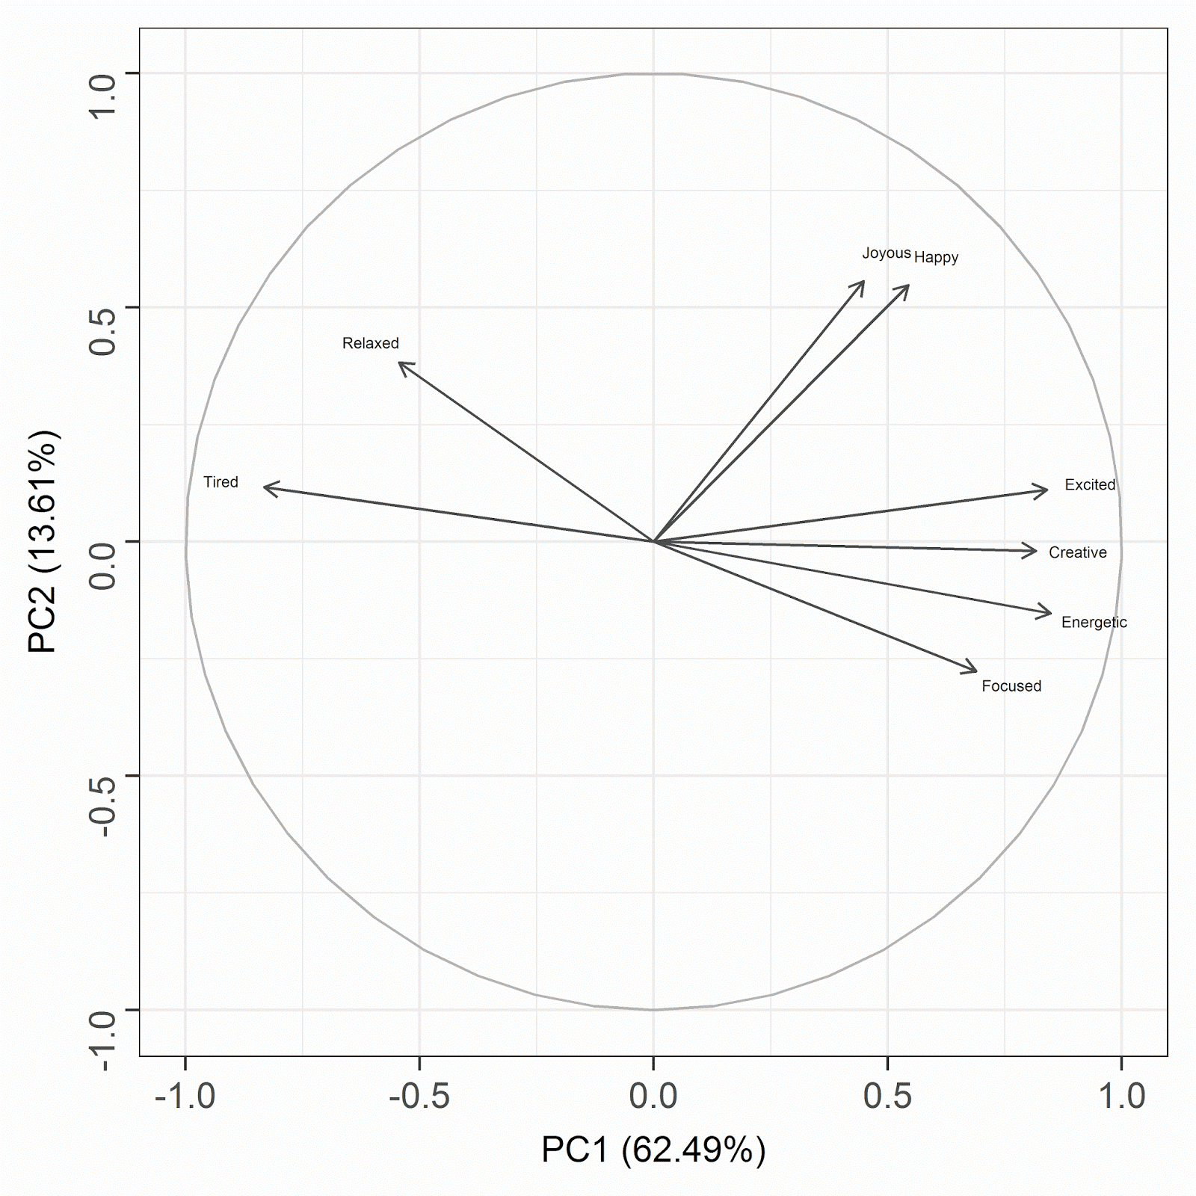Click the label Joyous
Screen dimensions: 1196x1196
(x=886, y=253)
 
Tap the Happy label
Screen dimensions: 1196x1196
(x=936, y=258)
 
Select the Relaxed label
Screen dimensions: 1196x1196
(x=370, y=343)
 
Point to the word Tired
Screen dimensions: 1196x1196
(x=221, y=482)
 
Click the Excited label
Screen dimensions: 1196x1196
(x=1090, y=485)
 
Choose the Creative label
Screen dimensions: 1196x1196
(x=1077, y=552)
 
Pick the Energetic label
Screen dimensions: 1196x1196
(x=1094, y=622)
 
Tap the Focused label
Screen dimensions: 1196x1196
(x=1011, y=686)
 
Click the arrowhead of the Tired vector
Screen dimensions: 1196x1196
(x=265, y=487)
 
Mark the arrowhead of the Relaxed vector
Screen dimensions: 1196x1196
(x=400, y=363)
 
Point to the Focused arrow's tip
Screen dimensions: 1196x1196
(x=976, y=671)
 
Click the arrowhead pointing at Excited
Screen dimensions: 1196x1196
(x=1046, y=490)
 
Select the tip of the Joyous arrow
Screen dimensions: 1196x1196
(x=863, y=282)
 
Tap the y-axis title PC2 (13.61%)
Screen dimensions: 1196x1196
(x=43, y=541)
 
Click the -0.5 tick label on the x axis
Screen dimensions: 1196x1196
(x=419, y=1096)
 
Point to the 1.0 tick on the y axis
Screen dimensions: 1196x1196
(x=102, y=73)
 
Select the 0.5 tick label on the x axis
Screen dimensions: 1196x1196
(x=887, y=1096)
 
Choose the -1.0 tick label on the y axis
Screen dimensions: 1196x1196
(x=102, y=1010)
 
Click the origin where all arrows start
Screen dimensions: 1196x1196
(x=653, y=541)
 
